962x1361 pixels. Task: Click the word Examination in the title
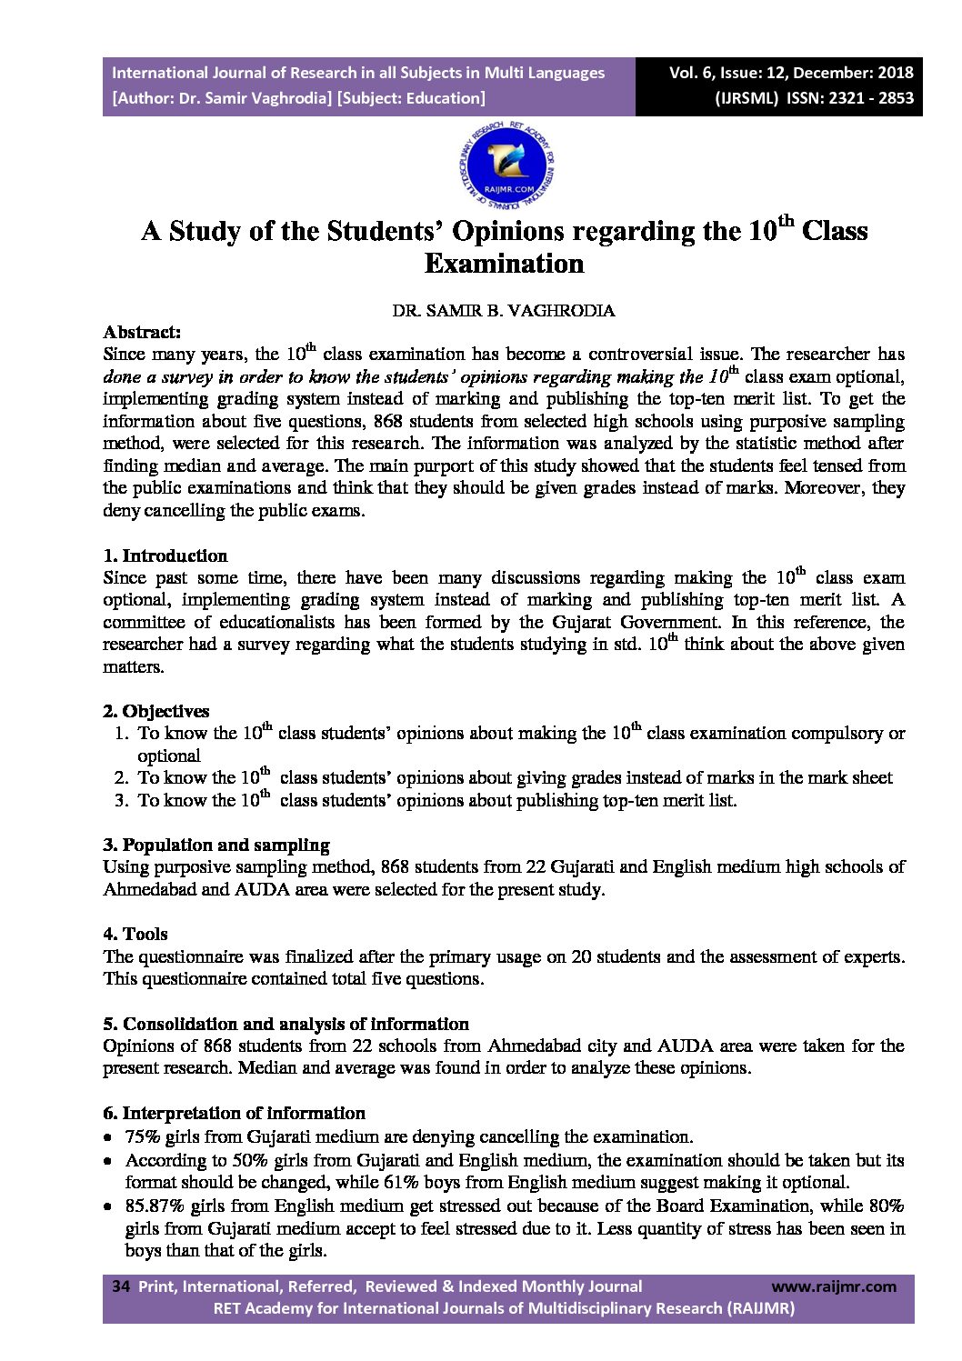click(504, 264)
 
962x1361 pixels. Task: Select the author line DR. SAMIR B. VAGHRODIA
click(504, 310)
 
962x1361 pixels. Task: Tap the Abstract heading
click(142, 332)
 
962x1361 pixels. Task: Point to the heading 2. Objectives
click(155, 711)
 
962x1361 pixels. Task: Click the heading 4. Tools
click(135, 934)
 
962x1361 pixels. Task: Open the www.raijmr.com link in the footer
click(833, 1286)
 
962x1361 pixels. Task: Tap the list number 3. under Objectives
click(121, 800)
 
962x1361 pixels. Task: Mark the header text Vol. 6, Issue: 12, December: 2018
click(791, 73)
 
